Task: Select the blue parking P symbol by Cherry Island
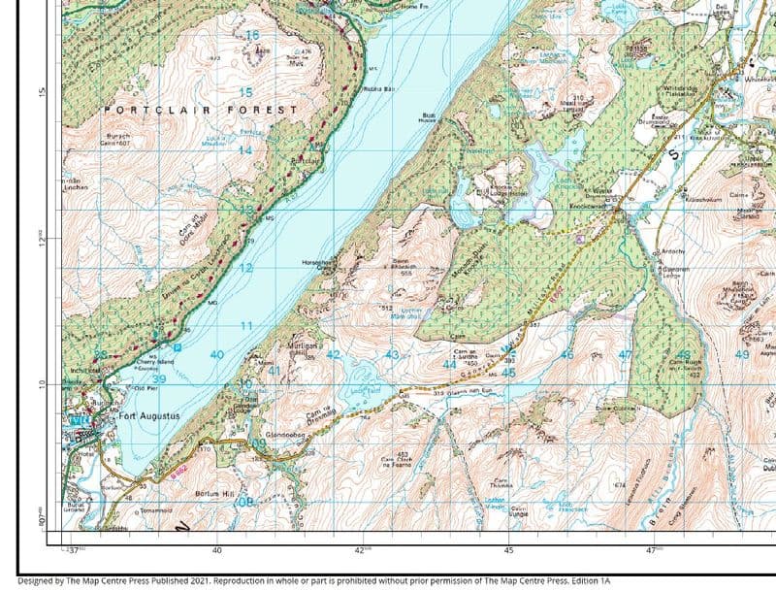[x=178, y=346]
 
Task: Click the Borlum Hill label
[x=210, y=494]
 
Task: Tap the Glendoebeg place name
[x=284, y=436]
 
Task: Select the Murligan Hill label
[x=303, y=347]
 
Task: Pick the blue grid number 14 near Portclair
[x=245, y=150]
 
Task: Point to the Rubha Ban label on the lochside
[x=379, y=89]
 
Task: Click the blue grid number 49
[x=742, y=355]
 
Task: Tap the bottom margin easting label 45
[x=508, y=549]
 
